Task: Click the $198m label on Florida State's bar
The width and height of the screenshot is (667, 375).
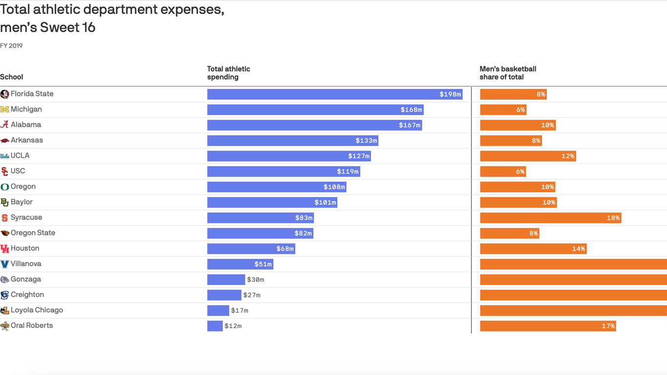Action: (x=450, y=94)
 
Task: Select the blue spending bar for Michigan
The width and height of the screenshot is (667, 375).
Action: (x=315, y=110)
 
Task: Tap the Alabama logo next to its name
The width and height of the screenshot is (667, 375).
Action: (x=4, y=125)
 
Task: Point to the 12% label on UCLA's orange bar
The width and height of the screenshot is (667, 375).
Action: (x=567, y=156)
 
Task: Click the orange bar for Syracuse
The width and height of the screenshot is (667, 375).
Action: (x=550, y=218)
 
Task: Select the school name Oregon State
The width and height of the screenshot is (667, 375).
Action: (x=33, y=233)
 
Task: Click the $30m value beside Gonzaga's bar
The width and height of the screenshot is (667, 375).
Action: (x=255, y=280)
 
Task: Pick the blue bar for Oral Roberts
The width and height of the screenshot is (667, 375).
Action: (x=215, y=326)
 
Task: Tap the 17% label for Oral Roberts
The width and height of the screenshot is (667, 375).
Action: (x=608, y=326)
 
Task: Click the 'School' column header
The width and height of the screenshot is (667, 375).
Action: (x=12, y=77)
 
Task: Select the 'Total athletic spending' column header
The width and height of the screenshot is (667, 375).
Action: (x=229, y=73)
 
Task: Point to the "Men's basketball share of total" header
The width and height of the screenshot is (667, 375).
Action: (x=508, y=73)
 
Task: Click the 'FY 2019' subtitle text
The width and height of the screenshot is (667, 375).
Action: (x=11, y=46)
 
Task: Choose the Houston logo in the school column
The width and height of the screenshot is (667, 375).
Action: (x=4, y=249)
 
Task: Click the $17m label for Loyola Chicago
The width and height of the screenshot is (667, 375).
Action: (x=239, y=311)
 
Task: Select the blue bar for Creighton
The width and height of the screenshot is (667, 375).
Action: (x=224, y=295)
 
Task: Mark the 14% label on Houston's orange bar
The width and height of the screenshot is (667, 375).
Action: (x=578, y=249)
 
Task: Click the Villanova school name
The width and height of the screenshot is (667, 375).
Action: (x=26, y=264)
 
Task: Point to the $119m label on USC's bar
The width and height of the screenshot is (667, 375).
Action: (x=348, y=171)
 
